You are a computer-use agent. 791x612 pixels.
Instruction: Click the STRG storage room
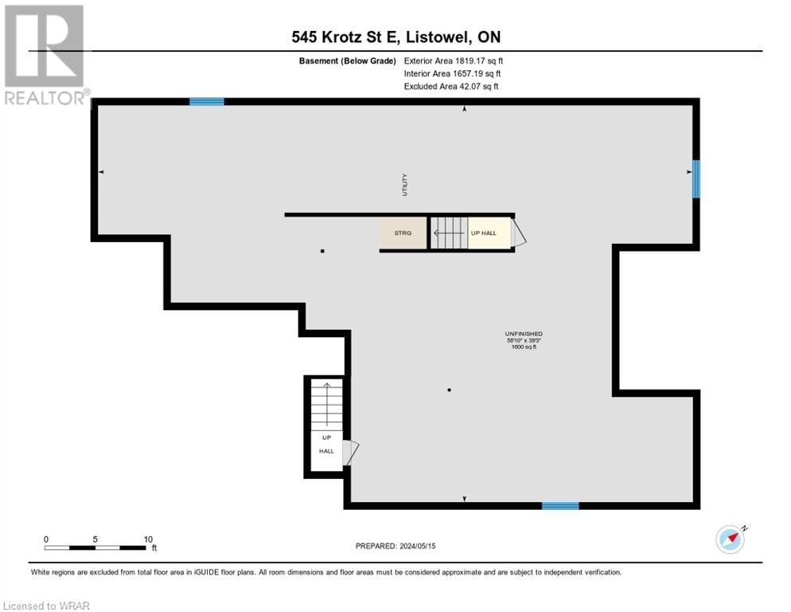(403, 233)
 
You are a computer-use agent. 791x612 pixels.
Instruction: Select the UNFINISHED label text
(523, 333)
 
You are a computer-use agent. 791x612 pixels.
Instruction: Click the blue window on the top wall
(206, 101)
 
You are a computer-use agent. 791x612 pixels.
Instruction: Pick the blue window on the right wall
(696, 178)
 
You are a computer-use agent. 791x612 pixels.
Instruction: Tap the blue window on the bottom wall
(560, 505)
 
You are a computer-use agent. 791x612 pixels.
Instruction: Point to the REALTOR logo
(45, 54)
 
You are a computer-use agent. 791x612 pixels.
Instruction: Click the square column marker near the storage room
(322, 251)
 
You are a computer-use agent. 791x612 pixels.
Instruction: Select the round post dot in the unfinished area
(449, 390)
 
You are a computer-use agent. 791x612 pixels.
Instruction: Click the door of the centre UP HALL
(518, 233)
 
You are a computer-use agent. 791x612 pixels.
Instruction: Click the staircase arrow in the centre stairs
(447, 233)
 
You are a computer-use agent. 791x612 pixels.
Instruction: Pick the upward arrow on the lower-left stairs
(325, 402)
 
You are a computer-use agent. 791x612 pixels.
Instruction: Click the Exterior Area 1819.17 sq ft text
(453, 60)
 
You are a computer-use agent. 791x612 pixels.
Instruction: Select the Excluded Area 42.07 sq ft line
(451, 86)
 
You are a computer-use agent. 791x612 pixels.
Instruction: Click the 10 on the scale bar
(147, 539)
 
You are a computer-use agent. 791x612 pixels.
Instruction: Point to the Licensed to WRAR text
(45, 606)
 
